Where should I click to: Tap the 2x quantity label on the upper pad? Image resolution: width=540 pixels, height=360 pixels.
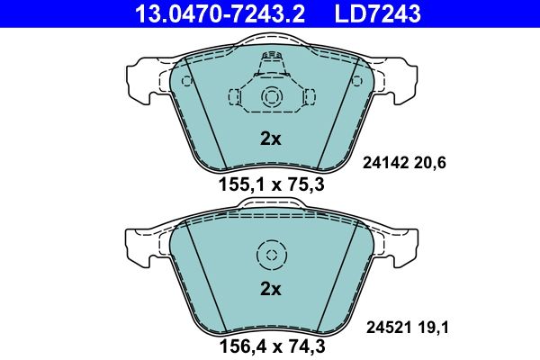[x=270, y=139]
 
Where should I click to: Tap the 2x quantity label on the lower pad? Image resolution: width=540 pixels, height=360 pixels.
[x=270, y=289]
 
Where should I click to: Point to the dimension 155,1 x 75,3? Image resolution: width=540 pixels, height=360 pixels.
[x=270, y=186]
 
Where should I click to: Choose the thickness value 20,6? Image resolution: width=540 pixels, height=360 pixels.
[x=431, y=162]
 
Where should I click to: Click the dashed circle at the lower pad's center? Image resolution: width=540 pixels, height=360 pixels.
[x=270, y=256]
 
